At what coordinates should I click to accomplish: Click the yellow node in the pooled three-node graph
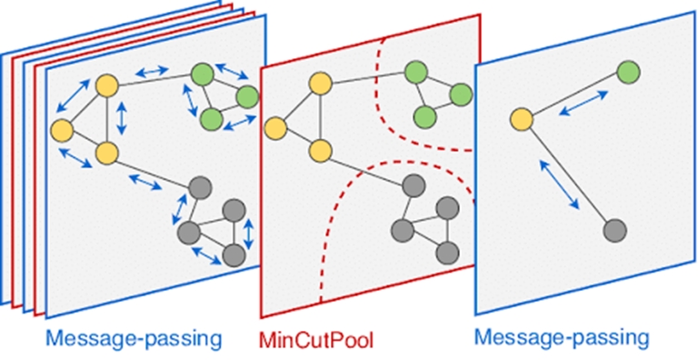pyautogui.click(x=521, y=118)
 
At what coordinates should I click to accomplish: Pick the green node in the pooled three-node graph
pyautogui.click(x=627, y=72)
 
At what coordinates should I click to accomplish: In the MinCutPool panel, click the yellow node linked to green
pyautogui.click(x=318, y=84)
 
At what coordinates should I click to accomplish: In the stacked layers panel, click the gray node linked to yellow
pyautogui.click(x=202, y=188)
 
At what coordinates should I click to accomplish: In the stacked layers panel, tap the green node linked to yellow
pyautogui.click(x=202, y=73)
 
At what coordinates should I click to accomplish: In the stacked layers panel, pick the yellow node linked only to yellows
pyautogui.click(x=63, y=128)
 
